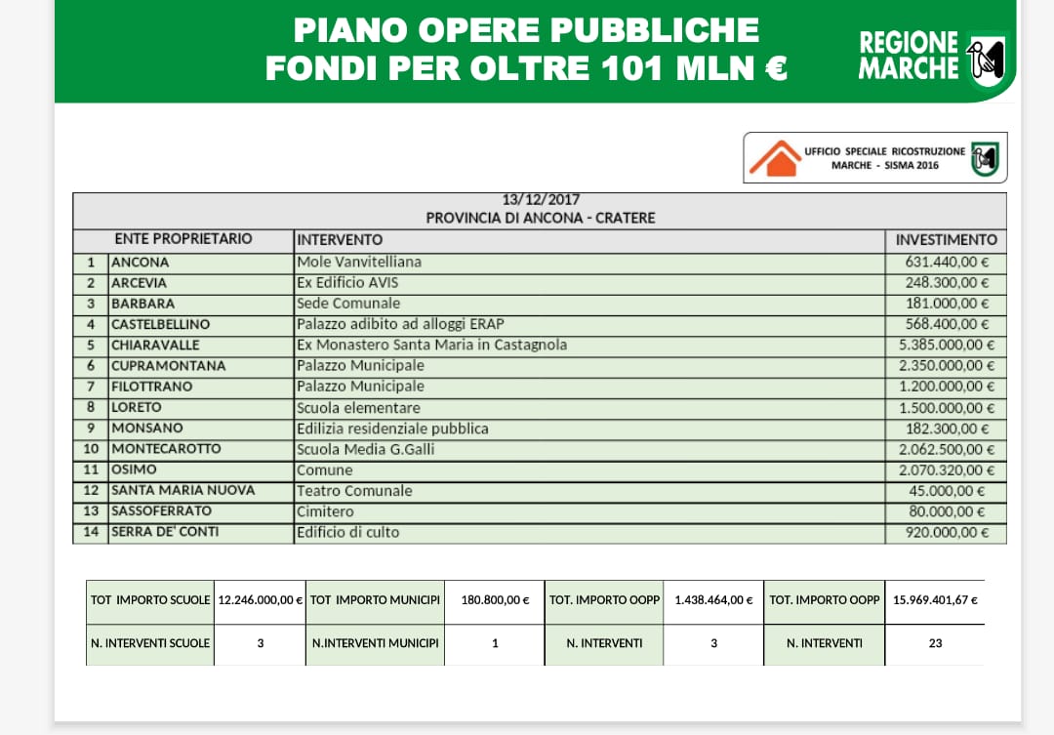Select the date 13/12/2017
tap(541, 200)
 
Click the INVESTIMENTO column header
tap(946, 239)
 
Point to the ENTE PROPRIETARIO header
tap(183, 239)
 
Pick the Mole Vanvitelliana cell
tap(359, 262)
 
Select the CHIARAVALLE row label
tap(155, 345)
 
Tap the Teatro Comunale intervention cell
tap(354, 491)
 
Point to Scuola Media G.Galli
tap(366, 449)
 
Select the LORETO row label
tap(137, 407)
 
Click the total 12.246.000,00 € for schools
tap(260, 600)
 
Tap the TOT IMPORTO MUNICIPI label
tap(374, 600)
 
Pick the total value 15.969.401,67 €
tap(935, 600)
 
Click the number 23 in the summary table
tap(935, 643)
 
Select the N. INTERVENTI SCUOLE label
tap(150, 643)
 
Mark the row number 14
tap(91, 532)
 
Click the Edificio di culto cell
tap(348, 532)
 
